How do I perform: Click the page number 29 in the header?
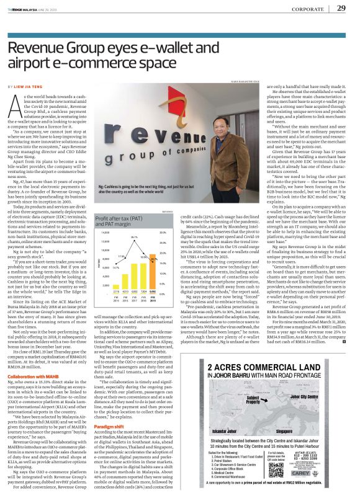[341, 8]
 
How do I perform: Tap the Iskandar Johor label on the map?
[219, 429]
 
